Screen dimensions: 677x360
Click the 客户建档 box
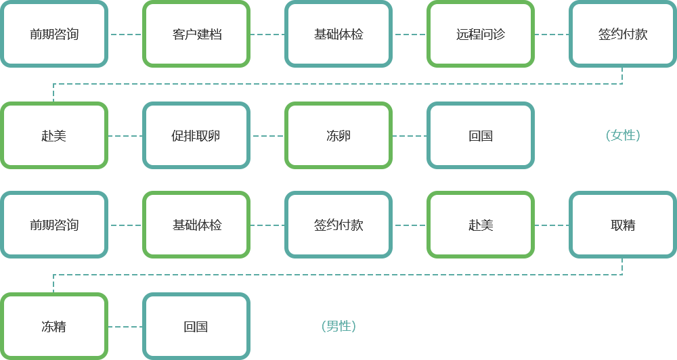pyautogui.click(x=196, y=34)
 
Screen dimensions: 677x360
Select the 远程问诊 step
pyautogui.click(x=481, y=34)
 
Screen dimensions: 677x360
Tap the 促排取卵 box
pyautogui.click(x=196, y=135)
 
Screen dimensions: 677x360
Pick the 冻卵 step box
pyautogui.click(x=338, y=135)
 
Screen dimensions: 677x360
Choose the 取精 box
pyautogui.click(x=623, y=225)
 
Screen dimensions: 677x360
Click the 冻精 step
pyautogui.click(x=54, y=326)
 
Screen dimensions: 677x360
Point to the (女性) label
pyautogui.click(x=623, y=135)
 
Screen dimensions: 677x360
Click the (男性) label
pyautogui.click(x=338, y=326)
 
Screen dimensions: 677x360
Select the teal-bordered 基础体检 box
pyautogui.click(x=338, y=34)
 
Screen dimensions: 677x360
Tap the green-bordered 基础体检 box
pyautogui.click(x=196, y=225)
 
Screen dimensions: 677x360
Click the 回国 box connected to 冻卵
pyautogui.click(x=481, y=135)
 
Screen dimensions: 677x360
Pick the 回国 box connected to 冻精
pyautogui.click(x=196, y=326)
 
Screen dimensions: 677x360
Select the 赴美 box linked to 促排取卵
pyautogui.click(x=54, y=135)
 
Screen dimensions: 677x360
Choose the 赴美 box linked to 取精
pyautogui.click(x=481, y=225)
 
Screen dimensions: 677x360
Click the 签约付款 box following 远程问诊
pyautogui.click(x=623, y=34)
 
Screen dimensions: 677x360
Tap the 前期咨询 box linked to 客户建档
pyautogui.click(x=54, y=34)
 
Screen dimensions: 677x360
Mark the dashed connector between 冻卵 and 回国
pyautogui.click(x=410, y=136)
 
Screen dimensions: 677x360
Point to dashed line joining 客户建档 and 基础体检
pyautogui.click(x=267, y=35)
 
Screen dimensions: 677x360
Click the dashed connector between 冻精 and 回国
pyautogui.click(x=125, y=327)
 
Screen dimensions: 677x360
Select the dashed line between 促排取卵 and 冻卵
pyautogui.click(x=267, y=136)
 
